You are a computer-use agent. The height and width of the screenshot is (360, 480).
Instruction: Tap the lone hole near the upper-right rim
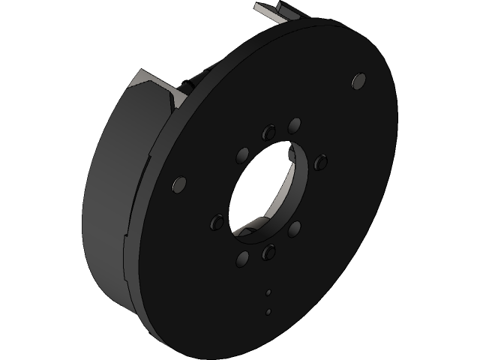359,79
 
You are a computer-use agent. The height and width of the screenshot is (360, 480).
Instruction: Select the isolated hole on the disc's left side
179,184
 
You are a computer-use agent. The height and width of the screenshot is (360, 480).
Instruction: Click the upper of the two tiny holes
268,292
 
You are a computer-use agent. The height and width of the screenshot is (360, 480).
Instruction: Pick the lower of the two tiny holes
268,310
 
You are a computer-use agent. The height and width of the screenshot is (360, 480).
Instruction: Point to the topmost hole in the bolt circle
295,124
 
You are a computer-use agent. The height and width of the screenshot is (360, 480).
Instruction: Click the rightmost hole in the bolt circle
321,161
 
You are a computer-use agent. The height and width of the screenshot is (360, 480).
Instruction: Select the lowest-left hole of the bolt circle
242,259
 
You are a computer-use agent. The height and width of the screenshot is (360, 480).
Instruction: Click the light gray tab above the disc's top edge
277,13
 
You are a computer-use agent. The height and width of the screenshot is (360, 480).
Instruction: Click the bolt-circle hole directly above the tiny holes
268,252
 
